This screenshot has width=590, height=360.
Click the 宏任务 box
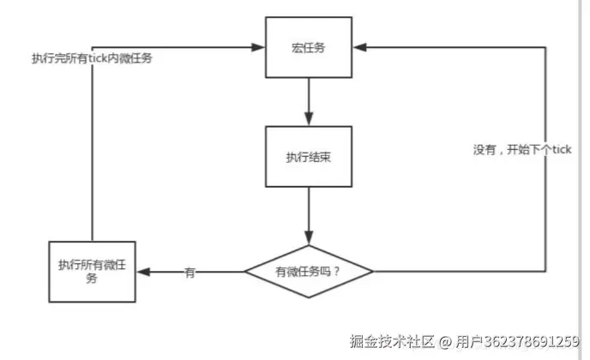tap(309, 46)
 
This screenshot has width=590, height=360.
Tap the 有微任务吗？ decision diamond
tap(309, 272)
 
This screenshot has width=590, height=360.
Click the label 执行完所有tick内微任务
tap(92, 58)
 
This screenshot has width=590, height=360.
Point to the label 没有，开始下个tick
tap(522, 150)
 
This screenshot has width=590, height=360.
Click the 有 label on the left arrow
tap(190, 273)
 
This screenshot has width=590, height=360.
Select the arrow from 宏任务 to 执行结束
tap(309, 99)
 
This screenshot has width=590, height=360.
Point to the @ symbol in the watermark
tap(446, 340)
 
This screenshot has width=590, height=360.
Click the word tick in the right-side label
tap(560, 150)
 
